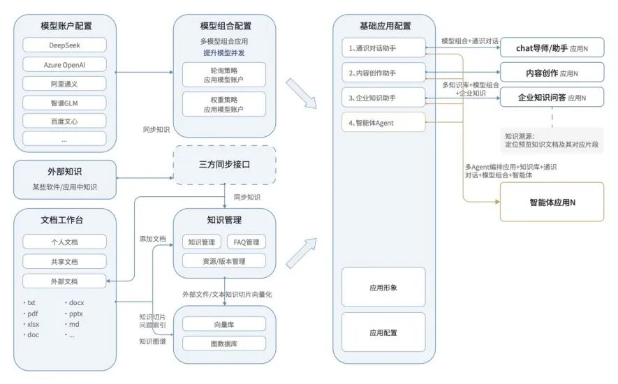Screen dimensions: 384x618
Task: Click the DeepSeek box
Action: click(x=64, y=45)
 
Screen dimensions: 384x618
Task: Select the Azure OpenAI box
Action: click(x=64, y=64)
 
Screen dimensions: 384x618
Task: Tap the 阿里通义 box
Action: click(x=64, y=83)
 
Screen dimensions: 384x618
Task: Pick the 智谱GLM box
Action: click(x=64, y=102)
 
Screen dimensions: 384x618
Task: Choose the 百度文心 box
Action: click(x=64, y=121)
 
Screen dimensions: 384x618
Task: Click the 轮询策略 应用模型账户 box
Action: click(x=224, y=75)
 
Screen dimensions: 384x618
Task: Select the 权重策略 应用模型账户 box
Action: click(x=224, y=105)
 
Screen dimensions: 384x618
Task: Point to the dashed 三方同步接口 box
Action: click(x=224, y=165)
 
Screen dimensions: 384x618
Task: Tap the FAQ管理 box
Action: click(x=247, y=242)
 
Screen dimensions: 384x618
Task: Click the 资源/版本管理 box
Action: click(x=224, y=261)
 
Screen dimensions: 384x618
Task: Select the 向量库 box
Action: click(x=224, y=324)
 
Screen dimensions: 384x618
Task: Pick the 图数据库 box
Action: click(x=224, y=343)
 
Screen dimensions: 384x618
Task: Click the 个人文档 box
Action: click(x=64, y=242)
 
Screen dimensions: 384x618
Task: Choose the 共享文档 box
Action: click(x=64, y=262)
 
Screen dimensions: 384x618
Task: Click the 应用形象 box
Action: click(x=383, y=287)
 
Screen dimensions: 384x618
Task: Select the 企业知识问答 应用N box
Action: click(x=552, y=97)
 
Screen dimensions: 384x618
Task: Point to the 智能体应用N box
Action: click(x=552, y=202)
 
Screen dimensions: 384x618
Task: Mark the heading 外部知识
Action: click(x=64, y=170)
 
